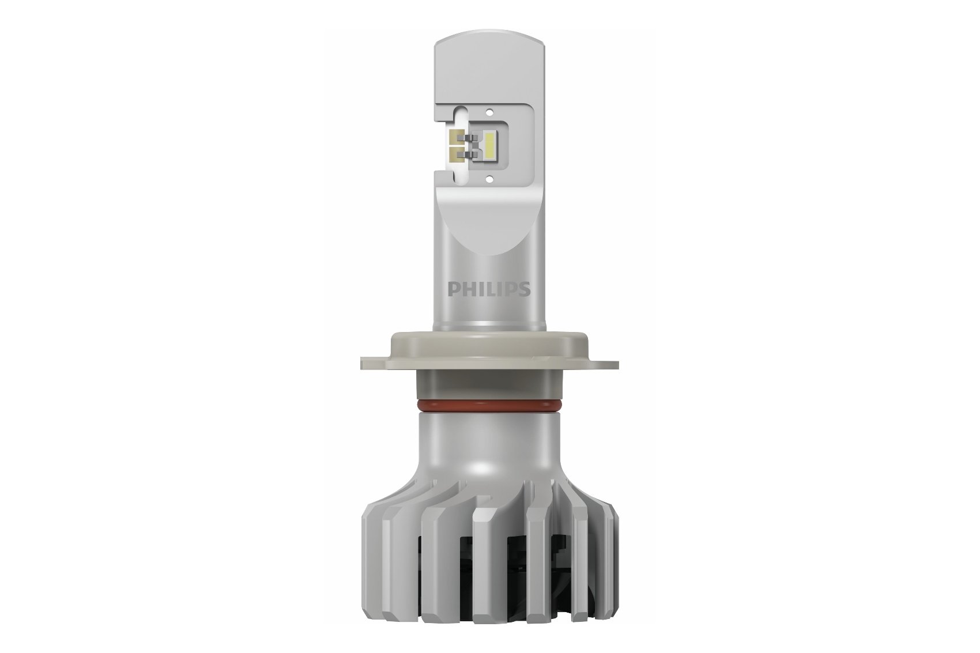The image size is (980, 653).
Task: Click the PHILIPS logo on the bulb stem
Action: [489, 289]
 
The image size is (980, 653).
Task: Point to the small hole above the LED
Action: [489, 112]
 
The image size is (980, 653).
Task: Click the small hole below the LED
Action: [489, 178]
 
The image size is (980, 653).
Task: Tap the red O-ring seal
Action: [489, 405]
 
